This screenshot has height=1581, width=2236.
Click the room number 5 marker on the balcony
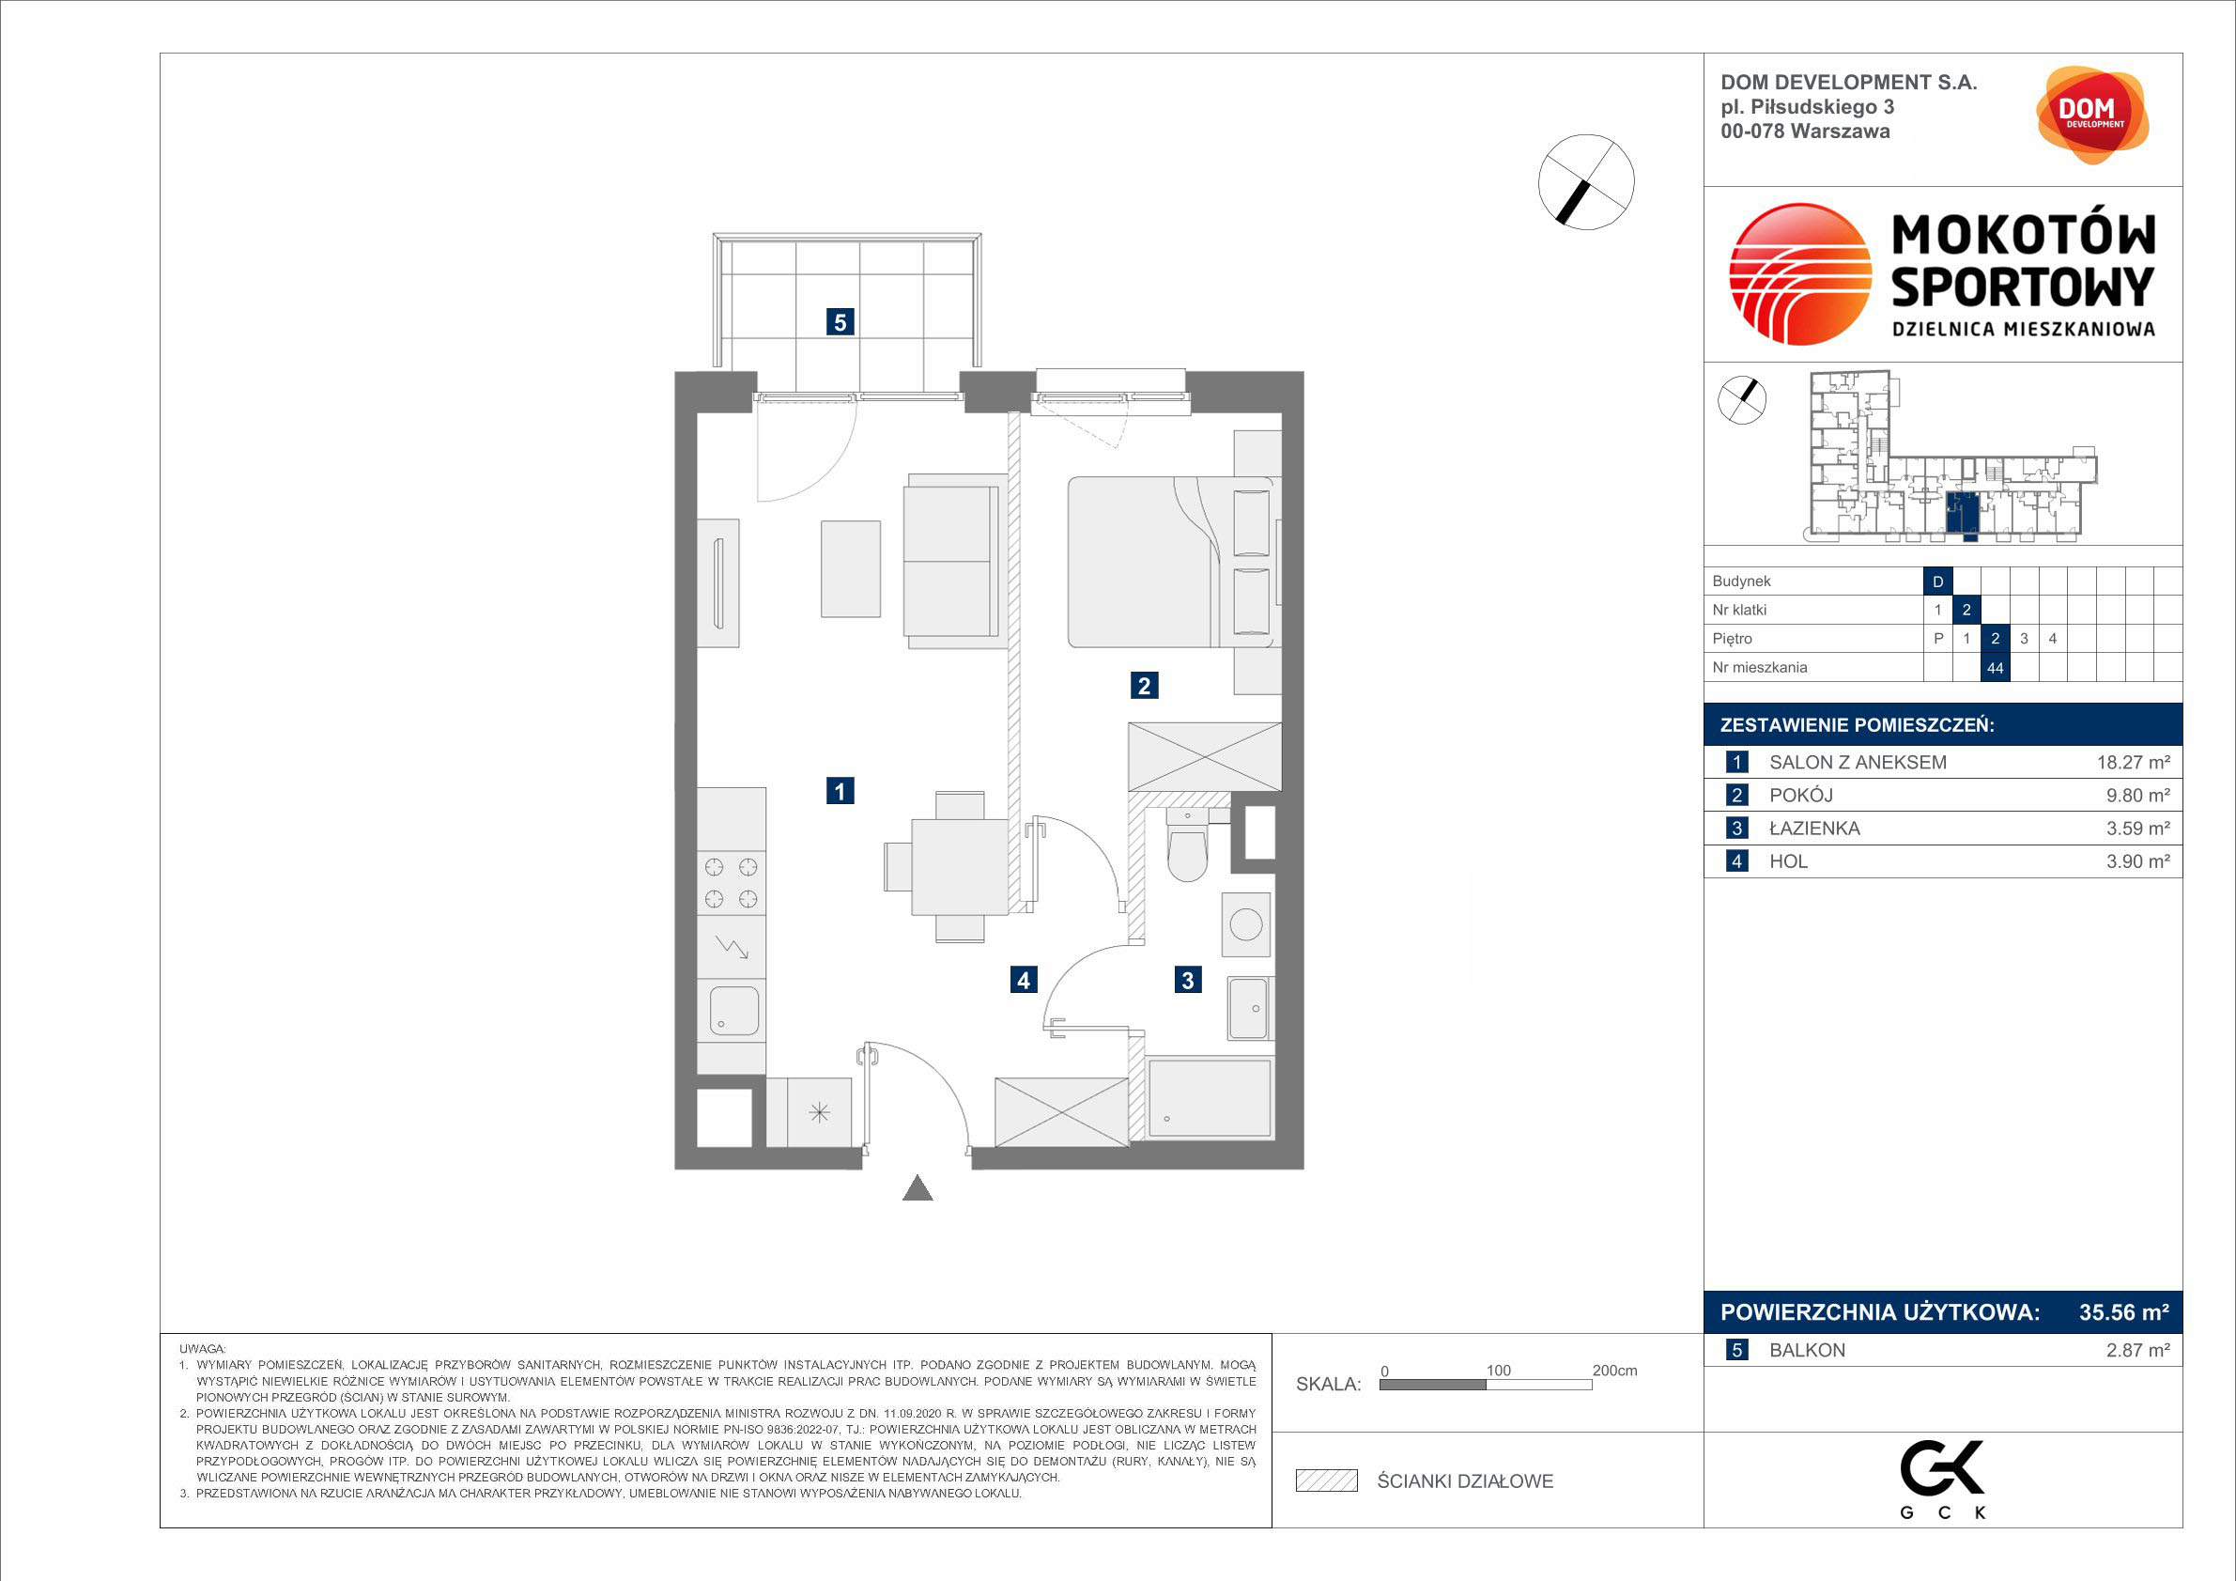tap(840, 321)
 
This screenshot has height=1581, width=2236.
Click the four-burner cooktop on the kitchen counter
tap(731, 882)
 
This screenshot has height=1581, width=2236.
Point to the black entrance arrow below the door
tap(918, 1188)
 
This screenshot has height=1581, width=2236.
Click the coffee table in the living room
tap(850, 569)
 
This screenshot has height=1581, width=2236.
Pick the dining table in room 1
tap(959, 867)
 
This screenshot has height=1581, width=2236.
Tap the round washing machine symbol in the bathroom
tap(1245, 923)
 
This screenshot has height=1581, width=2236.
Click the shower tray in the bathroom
tap(1210, 1098)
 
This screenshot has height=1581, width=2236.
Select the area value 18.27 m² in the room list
tap(2133, 763)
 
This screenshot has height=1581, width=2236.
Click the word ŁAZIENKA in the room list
tap(1814, 828)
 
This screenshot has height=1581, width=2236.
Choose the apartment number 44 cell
tap(1995, 667)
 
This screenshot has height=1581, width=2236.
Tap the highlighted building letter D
tap(1937, 581)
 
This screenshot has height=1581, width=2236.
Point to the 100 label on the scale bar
tap(1498, 1371)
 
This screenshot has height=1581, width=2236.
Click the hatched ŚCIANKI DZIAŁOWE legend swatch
tap(1326, 1480)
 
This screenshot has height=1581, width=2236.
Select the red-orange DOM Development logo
tap(2092, 115)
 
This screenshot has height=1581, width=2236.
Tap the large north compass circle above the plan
tap(1585, 182)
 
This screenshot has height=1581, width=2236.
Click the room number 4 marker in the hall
tap(1023, 980)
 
